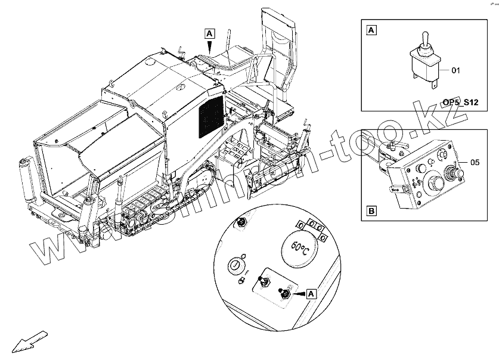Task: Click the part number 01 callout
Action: click(x=456, y=70)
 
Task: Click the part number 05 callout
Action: click(x=475, y=162)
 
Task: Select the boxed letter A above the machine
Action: click(x=209, y=33)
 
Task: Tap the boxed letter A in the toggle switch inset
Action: click(x=371, y=29)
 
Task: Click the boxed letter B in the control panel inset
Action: click(x=371, y=211)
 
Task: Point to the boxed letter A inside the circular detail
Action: click(x=311, y=293)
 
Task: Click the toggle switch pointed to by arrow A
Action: click(x=286, y=294)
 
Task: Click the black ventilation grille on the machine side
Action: click(x=210, y=116)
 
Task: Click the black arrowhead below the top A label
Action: click(x=209, y=46)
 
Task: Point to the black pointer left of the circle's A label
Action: click(x=299, y=294)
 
